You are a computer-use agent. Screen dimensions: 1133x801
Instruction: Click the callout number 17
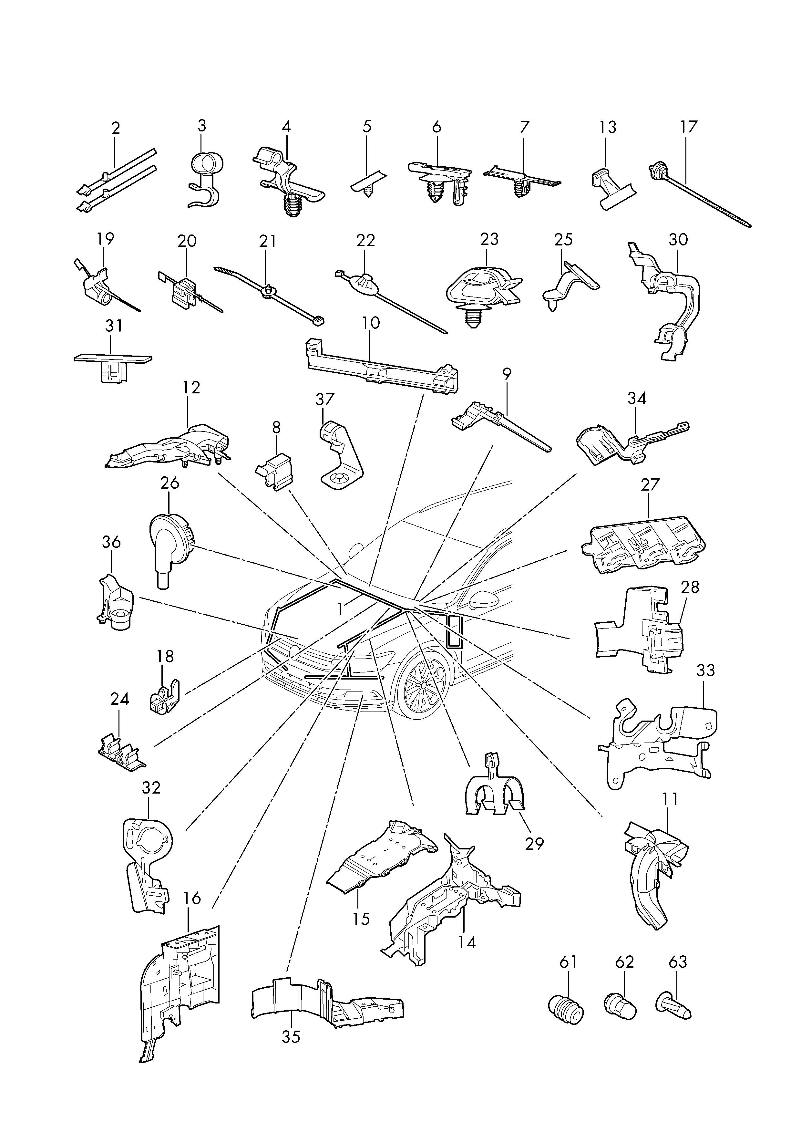click(x=689, y=127)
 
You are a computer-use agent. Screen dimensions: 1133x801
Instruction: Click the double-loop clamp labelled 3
click(x=204, y=178)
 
